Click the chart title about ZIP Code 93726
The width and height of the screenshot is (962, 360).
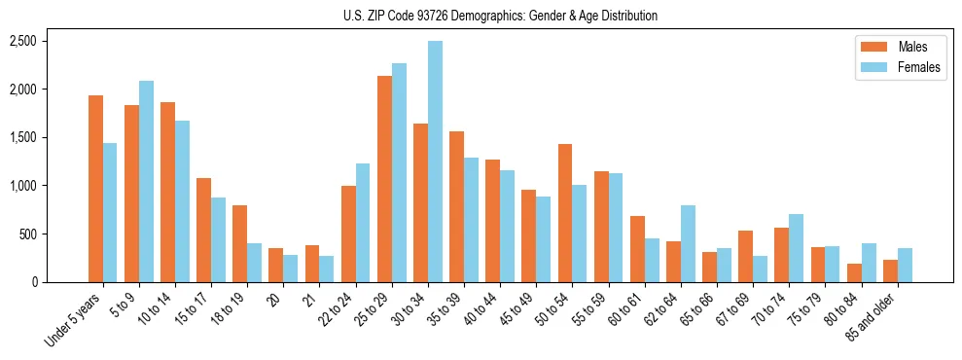tap(500, 16)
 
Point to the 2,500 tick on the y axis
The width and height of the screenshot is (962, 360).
tap(22, 41)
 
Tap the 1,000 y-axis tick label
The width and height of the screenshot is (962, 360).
tap(22, 186)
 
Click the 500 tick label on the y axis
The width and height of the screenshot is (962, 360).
tap(26, 234)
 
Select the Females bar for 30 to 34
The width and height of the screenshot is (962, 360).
tap(435, 162)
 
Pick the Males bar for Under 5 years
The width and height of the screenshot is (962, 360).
tap(95, 189)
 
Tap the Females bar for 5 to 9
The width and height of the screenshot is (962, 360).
tap(146, 182)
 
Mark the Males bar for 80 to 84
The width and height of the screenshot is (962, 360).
tap(854, 272)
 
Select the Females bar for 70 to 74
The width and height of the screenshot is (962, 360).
tap(797, 248)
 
